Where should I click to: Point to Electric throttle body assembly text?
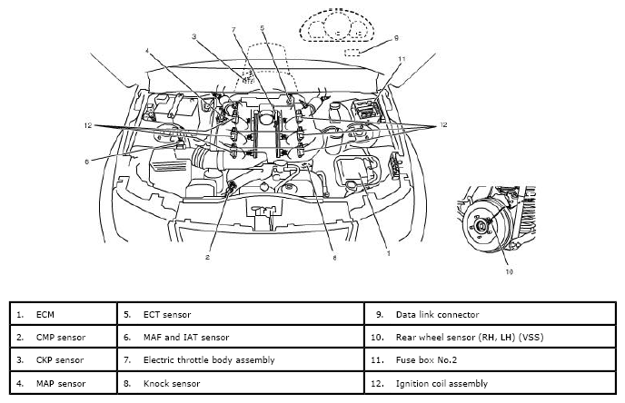[209, 360]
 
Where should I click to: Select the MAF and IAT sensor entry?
[186, 338]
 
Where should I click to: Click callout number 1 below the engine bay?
[389, 253]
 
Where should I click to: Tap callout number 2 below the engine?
[207, 257]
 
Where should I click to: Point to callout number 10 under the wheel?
[509, 272]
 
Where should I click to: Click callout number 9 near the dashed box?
[396, 38]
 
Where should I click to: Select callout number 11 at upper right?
[402, 59]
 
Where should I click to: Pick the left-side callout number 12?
[88, 125]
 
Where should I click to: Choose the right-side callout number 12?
[443, 125]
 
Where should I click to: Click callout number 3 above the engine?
[193, 36]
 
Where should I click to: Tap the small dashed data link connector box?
[352, 52]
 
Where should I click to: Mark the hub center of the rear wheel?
[481, 227]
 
